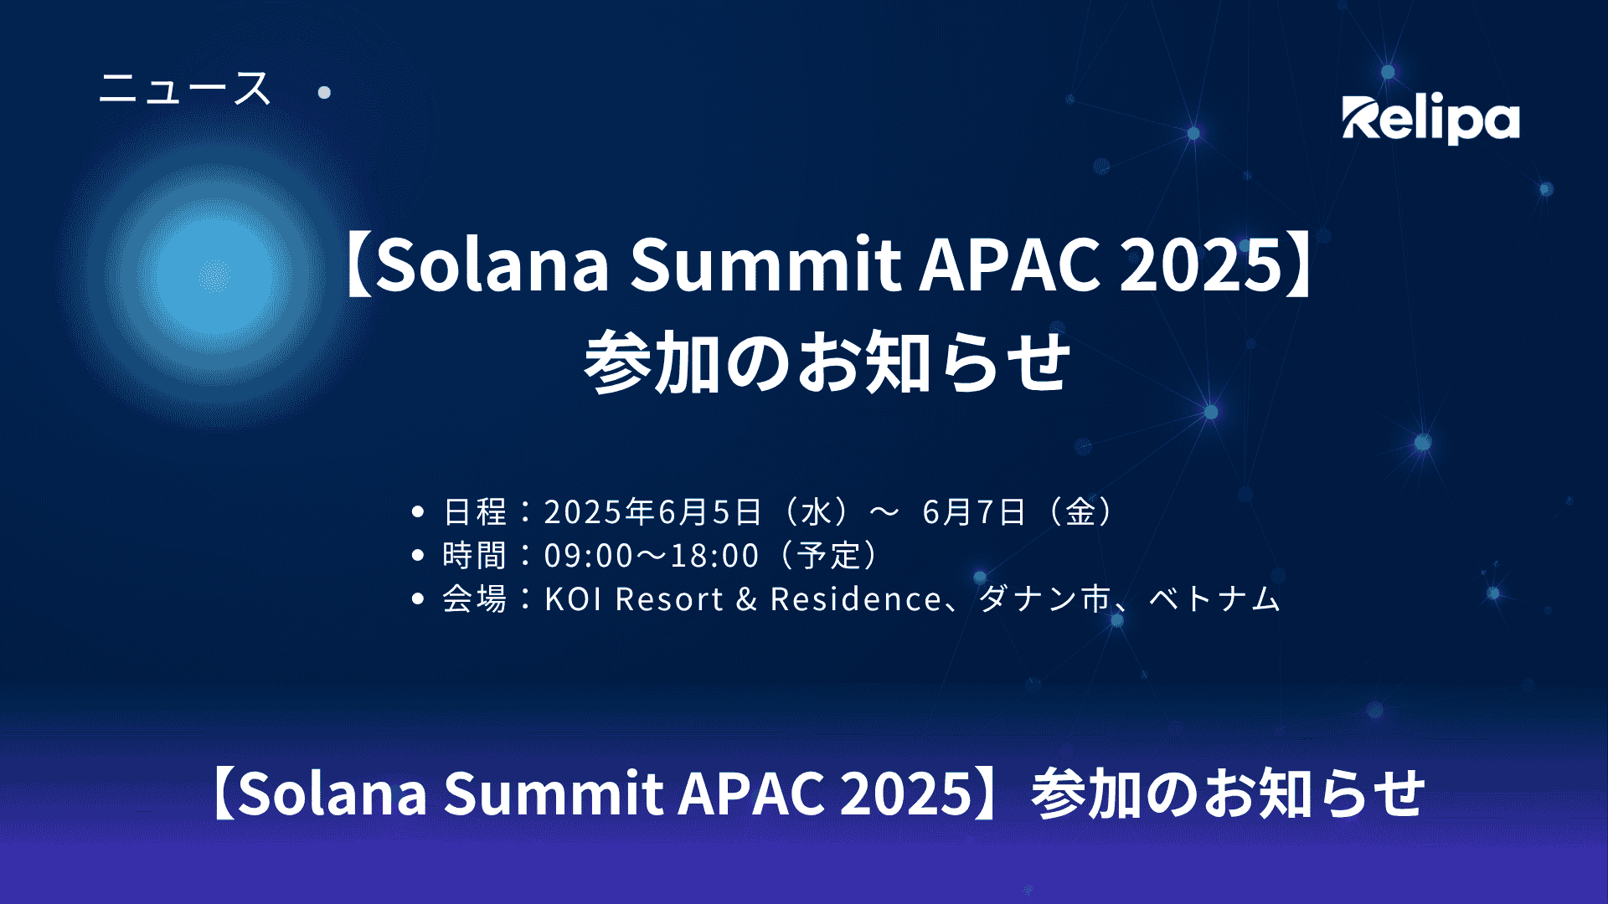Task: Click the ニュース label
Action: tap(185, 89)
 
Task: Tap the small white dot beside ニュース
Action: tap(324, 92)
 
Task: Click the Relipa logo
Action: tap(1430, 120)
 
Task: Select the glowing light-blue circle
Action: tap(214, 275)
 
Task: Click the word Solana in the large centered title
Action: tap(492, 265)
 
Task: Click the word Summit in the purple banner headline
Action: tap(553, 793)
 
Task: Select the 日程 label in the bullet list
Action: tap(475, 511)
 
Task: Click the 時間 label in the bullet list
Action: tap(475, 555)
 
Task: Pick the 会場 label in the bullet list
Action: tap(475, 598)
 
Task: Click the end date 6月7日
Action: tap(974, 511)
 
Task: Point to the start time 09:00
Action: tap(589, 556)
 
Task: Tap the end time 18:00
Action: tap(714, 556)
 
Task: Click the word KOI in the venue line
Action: tap(574, 599)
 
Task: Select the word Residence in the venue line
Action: tap(856, 599)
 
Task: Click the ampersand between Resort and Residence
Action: tap(747, 599)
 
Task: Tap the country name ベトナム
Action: tap(1214, 599)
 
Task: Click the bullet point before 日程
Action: tap(418, 511)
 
